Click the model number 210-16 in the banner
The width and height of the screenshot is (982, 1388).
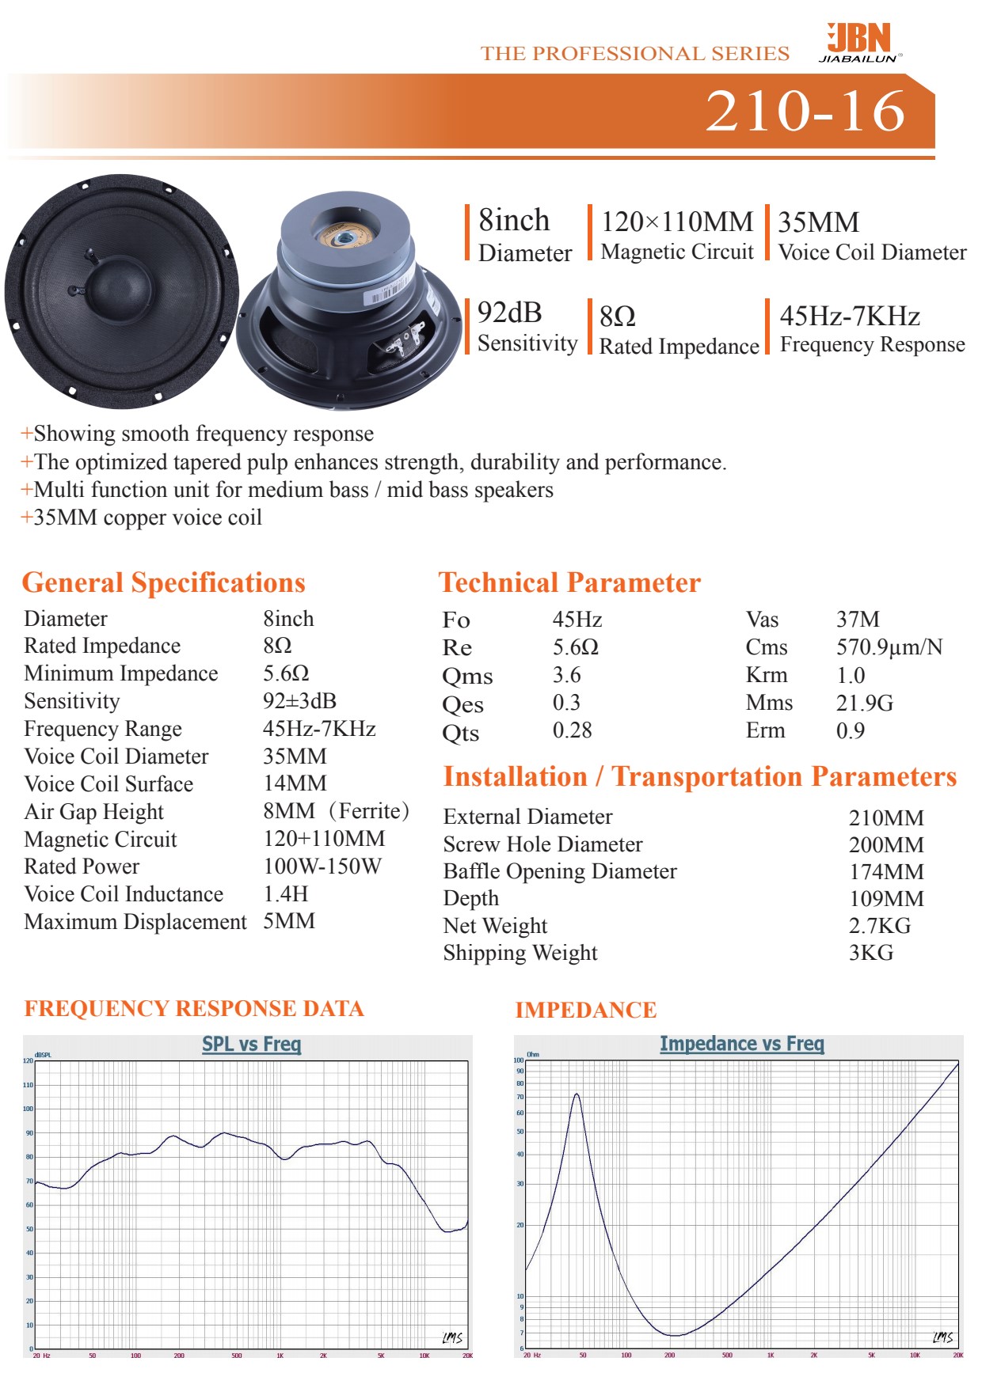tap(805, 111)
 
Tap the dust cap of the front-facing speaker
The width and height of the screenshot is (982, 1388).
tap(118, 292)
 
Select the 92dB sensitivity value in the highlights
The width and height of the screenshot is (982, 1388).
tap(509, 313)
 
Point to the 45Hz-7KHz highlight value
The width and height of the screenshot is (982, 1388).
tap(850, 317)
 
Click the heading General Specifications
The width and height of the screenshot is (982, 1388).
tap(163, 582)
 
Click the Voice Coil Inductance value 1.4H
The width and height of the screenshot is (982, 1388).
tap(285, 894)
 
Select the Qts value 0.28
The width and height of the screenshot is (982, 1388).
tap(572, 730)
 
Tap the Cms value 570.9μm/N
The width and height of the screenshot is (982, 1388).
tap(889, 647)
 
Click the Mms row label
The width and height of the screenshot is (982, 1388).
tap(768, 703)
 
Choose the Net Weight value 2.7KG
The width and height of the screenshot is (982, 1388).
tap(879, 925)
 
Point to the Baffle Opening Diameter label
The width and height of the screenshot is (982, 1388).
tap(560, 871)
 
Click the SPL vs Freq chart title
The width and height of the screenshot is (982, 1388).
tap(252, 1044)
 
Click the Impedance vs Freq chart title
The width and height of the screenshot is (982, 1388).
tap(742, 1044)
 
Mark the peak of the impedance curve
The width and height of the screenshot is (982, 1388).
tap(577, 1094)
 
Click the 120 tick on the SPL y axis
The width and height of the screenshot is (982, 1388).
tap(29, 1060)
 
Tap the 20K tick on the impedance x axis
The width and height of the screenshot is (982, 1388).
tap(957, 1356)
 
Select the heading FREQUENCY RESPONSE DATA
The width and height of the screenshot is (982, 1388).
tap(194, 1009)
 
